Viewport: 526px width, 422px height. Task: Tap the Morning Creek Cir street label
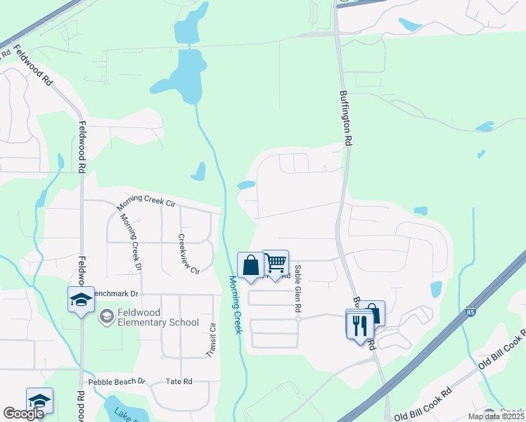[146, 203]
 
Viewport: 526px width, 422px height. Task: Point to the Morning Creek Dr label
[129, 241]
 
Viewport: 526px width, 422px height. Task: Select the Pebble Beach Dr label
[116, 381]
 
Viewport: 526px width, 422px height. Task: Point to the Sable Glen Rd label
[298, 288]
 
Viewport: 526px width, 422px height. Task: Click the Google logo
[23, 414]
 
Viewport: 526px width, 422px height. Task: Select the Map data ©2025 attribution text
[496, 416]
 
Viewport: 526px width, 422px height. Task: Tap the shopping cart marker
[276, 263]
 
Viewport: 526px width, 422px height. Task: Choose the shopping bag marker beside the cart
[250, 266]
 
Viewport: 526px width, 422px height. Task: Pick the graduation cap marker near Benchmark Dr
[81, 300]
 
